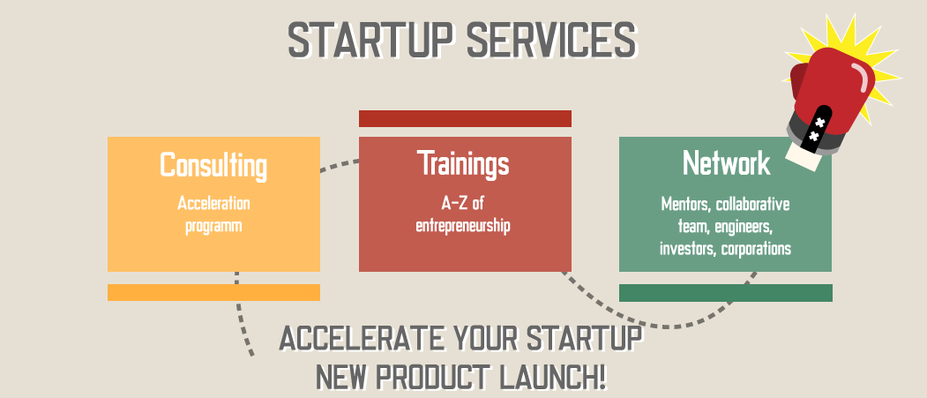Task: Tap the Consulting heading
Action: point(213,166)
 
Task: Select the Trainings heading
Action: point(463,163)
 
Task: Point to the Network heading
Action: point(726,162)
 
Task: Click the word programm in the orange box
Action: point(213,227)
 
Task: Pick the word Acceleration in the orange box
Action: point(213,204)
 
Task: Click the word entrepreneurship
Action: point(463,226)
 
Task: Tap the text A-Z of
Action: point(463,204)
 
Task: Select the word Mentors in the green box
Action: point(686,205)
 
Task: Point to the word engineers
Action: point(745,227)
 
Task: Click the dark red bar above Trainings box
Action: point(466,118)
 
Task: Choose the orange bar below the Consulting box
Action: point(213,292)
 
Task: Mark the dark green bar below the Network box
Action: point(725,293)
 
